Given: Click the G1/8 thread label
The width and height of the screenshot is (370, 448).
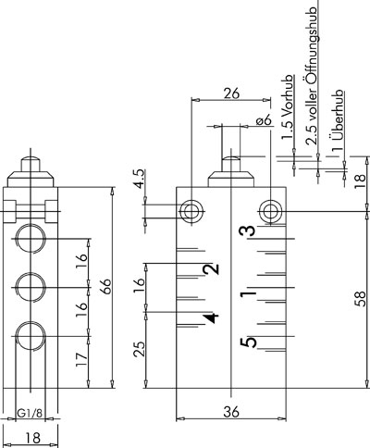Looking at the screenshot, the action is click(x=30, y=413).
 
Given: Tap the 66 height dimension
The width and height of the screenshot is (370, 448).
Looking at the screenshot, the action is click(x=106, y=287).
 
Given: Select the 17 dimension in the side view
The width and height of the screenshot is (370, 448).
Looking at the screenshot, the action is click(x=81, y=360).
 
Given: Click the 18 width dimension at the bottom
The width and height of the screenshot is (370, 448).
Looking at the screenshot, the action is click(x=32, y=438).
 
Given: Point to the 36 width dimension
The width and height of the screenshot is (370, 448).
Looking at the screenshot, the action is click(x=231, y=412).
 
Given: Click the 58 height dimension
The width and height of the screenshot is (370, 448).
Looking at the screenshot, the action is click(x=360, y=299).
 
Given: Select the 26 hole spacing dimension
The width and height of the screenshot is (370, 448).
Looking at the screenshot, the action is click(x=231, y=93).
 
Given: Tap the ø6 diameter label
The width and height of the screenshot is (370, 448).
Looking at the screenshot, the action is click(x=265, y=119).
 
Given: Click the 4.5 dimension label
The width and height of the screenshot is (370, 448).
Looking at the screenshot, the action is click(x=139, y=179).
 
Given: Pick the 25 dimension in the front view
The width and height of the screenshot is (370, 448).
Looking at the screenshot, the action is click(x=139, y=349).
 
